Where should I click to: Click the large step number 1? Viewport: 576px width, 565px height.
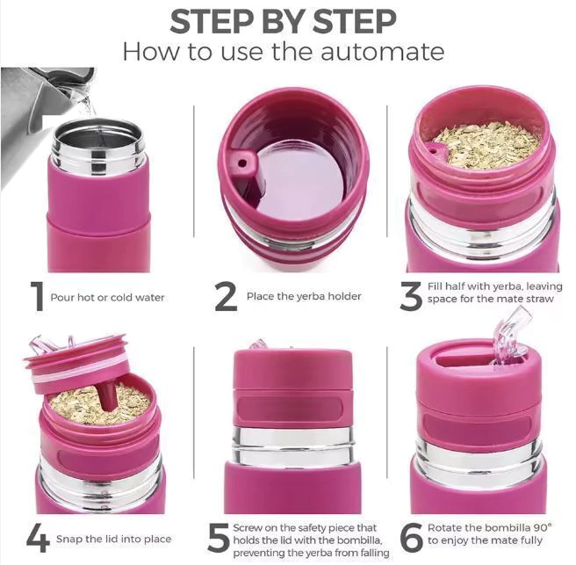click(36, 296)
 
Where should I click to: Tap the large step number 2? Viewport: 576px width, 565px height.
click(226, 296)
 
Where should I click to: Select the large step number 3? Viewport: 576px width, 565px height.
click(411, 296)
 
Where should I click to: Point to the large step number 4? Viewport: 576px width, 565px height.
click(38, 538)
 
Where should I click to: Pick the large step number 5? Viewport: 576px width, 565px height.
click(219, 538)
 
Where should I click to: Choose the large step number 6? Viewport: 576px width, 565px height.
click(411, 538)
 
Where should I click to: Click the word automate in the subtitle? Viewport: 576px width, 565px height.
click(382, 52)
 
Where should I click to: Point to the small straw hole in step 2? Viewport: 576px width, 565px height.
click(241, 163)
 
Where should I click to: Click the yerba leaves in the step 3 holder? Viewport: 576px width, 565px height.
click(487, 145)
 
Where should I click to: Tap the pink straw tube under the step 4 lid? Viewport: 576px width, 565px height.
click(107, 398)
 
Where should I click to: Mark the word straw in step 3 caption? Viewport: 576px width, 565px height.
click(540, 299)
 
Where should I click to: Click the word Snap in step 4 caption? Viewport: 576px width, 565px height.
click(69, 540)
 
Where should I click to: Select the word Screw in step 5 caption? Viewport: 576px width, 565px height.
click(248, 528)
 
